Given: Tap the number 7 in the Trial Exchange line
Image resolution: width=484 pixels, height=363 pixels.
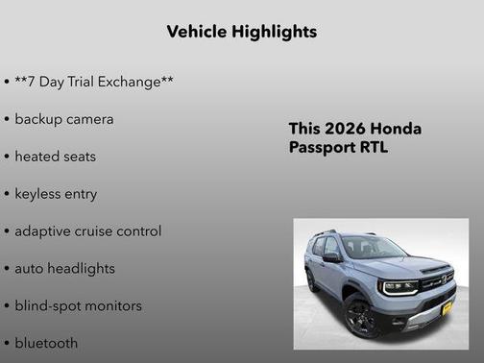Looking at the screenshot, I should [x=35, y=83].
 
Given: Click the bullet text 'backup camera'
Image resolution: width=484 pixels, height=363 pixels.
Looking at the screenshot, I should [x=63, y=119].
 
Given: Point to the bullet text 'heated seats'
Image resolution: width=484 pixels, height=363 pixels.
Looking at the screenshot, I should [x=55, y=157].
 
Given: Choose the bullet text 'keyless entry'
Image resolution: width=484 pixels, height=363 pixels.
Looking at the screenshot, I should [x=56, y=194].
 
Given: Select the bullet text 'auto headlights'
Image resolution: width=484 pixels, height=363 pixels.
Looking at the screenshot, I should [x=64, y=269].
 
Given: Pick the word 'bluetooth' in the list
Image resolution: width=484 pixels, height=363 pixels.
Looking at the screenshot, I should [x=46, y=343].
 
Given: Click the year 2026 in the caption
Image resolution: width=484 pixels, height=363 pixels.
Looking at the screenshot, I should [x=345, y=129].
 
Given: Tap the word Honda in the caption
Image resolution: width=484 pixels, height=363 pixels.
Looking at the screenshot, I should [x=396, y=129].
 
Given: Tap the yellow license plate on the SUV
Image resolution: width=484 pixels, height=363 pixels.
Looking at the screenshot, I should [x=446, y=309].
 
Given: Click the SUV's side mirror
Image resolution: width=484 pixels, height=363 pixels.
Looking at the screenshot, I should [x=331, y=258].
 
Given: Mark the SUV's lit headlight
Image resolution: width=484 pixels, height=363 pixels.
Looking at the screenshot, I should [x=399, y=286].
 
